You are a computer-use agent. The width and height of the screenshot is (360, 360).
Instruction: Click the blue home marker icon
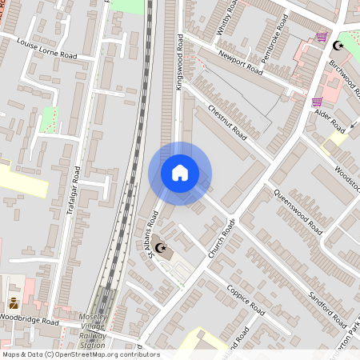[x=180, y=173]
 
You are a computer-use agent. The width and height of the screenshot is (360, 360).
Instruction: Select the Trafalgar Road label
[x=74, y=190]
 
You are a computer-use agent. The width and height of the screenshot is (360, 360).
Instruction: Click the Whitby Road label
[x=226, y=18]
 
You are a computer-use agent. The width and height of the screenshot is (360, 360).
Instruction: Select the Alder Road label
[x=330, y=122]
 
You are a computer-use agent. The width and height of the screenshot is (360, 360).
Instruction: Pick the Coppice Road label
[x=245, y=298]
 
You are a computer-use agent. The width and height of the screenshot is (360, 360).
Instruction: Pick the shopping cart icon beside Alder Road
[x=317, y=102]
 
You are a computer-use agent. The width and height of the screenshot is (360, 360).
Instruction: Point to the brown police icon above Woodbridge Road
[x=14, y=304]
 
